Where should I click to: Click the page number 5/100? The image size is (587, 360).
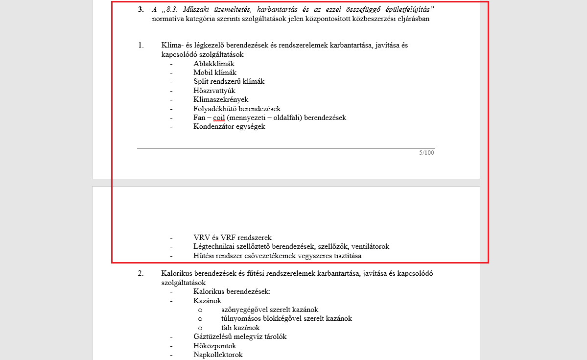(x=426, y=153)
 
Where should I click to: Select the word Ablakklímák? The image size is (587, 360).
(x=214, y=64)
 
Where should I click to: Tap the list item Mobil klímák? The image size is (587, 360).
(x=214, y=72)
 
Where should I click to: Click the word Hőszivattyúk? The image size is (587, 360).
(x=214, y=91)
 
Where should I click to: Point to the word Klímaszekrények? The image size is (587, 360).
(x=221, y=99)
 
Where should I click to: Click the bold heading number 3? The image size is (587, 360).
(x=141, y=9)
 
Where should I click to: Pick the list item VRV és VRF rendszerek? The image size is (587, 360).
(x=232, y=238)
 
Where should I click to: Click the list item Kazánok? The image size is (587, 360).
(x=207, y=300)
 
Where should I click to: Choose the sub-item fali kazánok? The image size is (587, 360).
(x=240, y=328)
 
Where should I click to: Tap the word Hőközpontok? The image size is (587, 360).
(x=214, y=346)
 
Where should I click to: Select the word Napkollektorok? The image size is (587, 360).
(x=218, y=355)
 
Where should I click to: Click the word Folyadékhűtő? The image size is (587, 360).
(x=216, y=109)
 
